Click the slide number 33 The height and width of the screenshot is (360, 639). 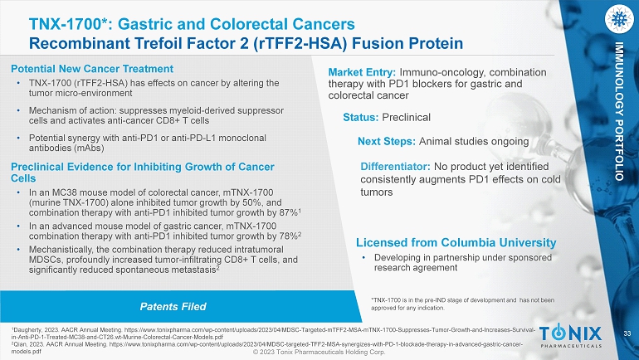pos(627,334)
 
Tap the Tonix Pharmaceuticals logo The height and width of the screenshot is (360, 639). pos(570,337)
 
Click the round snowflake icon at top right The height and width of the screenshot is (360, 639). pos(619,19)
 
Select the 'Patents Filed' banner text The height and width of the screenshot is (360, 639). pos(173,307)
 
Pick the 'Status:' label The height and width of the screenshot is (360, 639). pos(361,118)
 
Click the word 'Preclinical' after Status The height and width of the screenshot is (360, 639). pos(406,118)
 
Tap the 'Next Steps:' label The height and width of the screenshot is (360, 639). pos(387,141)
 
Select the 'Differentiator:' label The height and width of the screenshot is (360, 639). pos(395,167)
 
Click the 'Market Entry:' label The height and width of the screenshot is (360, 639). pos(362,72)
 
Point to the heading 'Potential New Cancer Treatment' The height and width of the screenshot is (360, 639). pos(92,69)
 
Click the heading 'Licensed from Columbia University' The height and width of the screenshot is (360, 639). pos(456,243)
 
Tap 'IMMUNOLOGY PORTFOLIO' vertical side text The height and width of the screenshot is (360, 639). pos(619,111)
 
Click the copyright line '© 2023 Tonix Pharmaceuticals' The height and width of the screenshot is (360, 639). pos(319,353)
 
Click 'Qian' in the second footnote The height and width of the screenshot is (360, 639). pos(19,344)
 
